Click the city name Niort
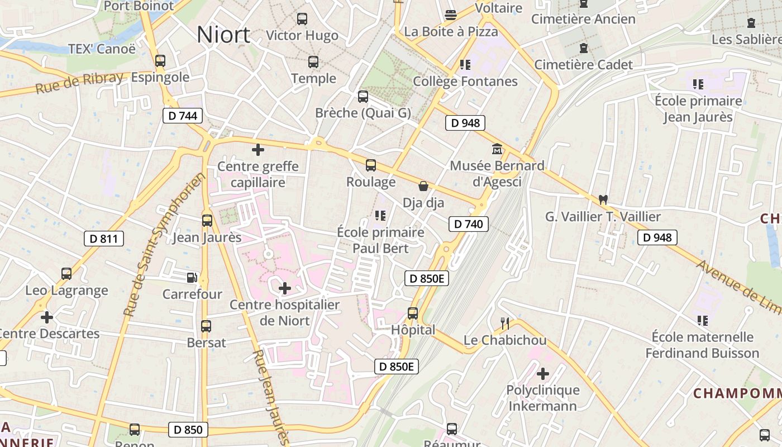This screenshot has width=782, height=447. pyautogui.click(x=223, y=35)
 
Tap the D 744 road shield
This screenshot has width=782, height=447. pyautogui.click(x=183, y=116)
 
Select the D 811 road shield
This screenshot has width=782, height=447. pyautogui.click(x=103, y=239)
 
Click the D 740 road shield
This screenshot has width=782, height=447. pyautogui.click(x=469, y=225)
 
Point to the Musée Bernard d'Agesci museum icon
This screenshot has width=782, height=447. pyautogui.click(x=497, y=149)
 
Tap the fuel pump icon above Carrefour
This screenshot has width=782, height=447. pyautogui.click(x=192, y=277)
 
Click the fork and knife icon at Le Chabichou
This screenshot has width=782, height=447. pyautogui.click(x=505, y=323)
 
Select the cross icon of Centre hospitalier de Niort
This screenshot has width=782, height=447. pyautogui.click(x=285, y=288)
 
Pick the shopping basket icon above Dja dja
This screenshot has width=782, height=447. pyautogui.click(x=423, y=186)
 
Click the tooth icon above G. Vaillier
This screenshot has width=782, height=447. pyautogui.click(x=603, y=199)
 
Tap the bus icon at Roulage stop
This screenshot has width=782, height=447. pyautogui.click(x=371, y=165)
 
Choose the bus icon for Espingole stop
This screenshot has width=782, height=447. pyautogui.click(x=160, y=60)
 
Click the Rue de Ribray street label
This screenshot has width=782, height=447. pyautogui.click(x=79, y=83)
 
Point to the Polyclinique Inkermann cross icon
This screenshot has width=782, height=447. pyautogui.click(x=543, y=373)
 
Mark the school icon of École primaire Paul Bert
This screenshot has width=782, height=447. pyautogui.click(x=381, y=215)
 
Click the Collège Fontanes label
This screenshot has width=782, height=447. pyautogui.click(x=465, y=82)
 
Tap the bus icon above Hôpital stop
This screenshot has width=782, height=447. pyautogui.click(x=413, y=313)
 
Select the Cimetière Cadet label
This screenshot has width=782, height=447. pyautogui.click(x=584, y=65)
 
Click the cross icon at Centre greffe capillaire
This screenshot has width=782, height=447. pyautogui.click(x=258, y=150)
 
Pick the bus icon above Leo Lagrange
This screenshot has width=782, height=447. pyautogui.click(x=66, y=274)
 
